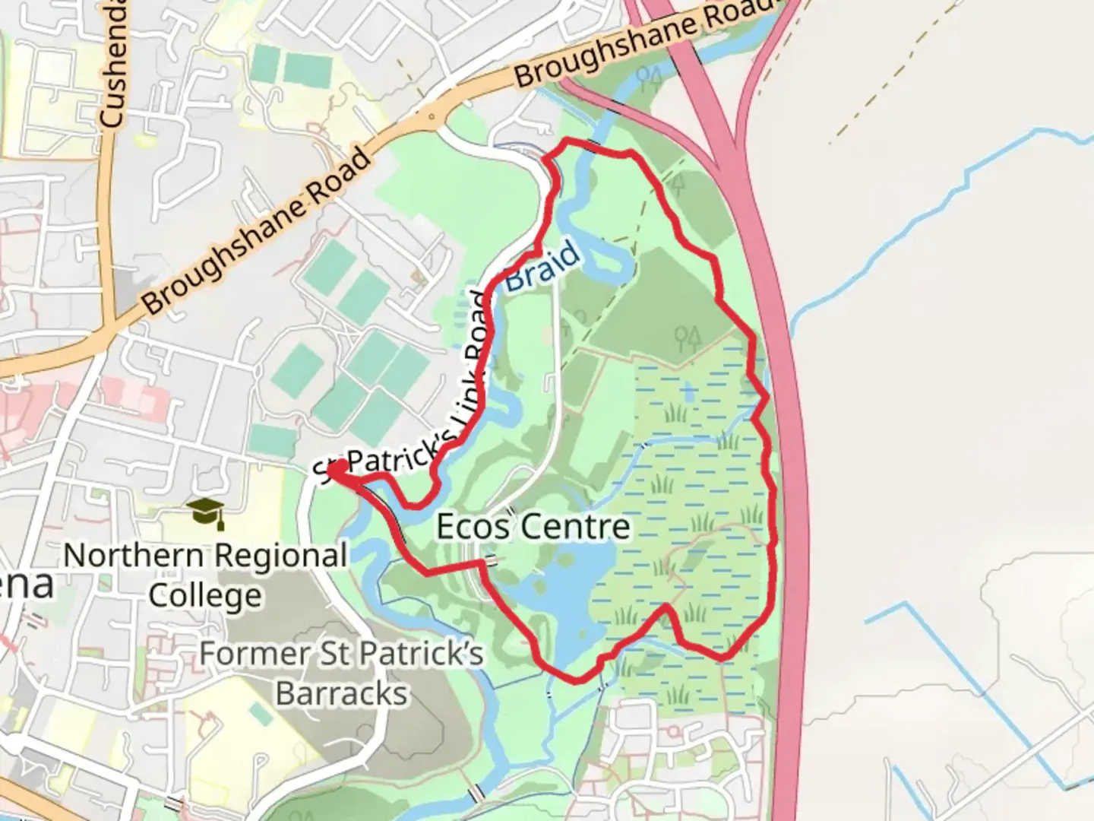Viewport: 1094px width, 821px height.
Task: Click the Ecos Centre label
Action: (x=533, y=527)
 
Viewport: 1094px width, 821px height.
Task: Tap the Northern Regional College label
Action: (x=206, y=575)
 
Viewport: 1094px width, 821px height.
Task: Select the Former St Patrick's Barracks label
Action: (x=341, y=674)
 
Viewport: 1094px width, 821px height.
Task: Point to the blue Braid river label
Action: (x=542, y=267)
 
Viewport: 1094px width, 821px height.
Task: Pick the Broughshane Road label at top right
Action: (x=646, y=42)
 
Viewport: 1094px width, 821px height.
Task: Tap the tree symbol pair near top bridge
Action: (x=649, y=78)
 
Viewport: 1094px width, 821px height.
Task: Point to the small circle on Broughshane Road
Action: (x=431, y=117)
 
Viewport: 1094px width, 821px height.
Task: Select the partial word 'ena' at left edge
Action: (x=27, y=584)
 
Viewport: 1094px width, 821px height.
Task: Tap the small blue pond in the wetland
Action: (x=688, y=392)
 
